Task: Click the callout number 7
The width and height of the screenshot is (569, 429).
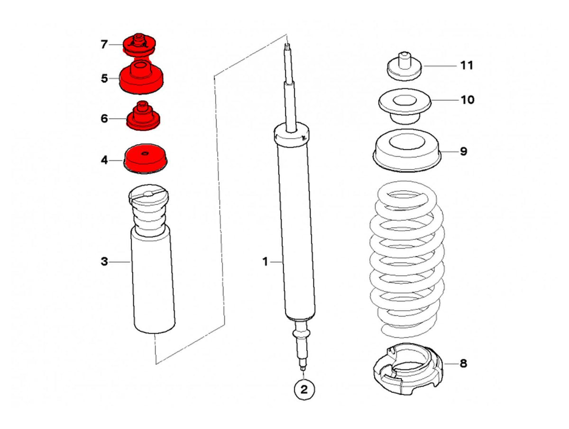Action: [x=104, y=45]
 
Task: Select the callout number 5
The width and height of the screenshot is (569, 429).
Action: [x=104, y=79]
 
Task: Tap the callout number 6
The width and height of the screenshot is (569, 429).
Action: [x=104, y=119]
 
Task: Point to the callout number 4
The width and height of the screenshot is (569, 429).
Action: [x=104, y=160]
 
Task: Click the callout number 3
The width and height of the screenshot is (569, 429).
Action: [x=104, y=261]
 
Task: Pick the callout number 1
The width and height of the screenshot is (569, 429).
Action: [x=266, y=261]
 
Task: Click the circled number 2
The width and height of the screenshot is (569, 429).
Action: [x=303, y=390]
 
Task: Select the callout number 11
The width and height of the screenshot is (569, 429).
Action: [x=467, y=65]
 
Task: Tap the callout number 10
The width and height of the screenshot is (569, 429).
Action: [x=467, y=100]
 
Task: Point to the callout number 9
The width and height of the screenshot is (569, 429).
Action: [x=463, y=152]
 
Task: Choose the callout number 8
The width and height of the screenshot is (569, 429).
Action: [x=463, y=364]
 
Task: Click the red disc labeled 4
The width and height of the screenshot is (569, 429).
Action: [x=146, y=159]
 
